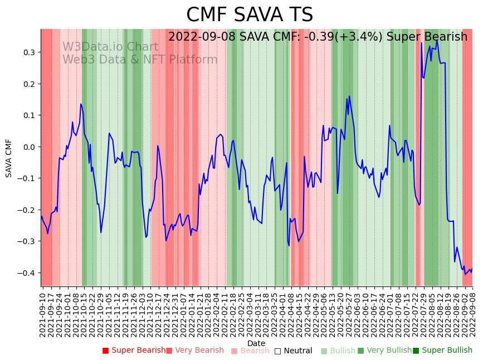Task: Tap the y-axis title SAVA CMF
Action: [9, 158]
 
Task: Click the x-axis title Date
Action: [256, 343]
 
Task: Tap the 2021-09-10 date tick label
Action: [42, 312]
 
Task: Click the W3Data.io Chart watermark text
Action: [110, 47]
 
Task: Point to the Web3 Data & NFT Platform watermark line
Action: [140, 60]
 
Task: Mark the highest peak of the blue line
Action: [437, 40]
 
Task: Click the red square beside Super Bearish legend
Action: [105, 351]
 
